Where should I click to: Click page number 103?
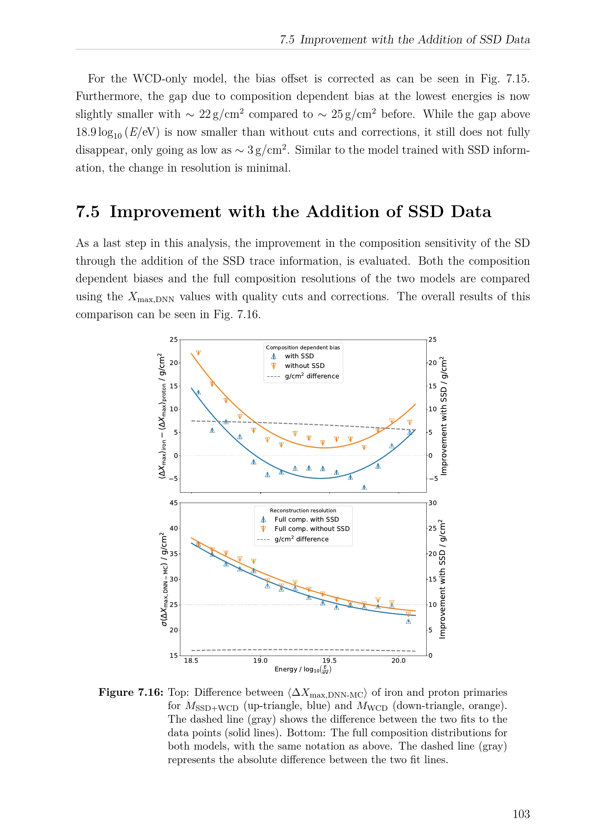[x=521, y=814]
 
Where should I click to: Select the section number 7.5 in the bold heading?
[x=87, y=212]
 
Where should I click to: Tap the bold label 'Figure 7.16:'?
[x=131, y=693]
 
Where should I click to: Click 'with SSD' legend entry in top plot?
[x=299, y=356]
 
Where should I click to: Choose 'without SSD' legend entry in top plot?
[x=305, y=365]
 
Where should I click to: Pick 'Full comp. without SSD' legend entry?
[x=312, y=528]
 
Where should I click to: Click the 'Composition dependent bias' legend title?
[x=303, y=348]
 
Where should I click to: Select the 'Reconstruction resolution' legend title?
[x=303, y=511]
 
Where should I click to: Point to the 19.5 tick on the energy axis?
[x=329, y=660]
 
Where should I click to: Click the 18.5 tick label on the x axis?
[x=191, y=660]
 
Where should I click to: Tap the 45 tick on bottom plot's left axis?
[x=174, y=503]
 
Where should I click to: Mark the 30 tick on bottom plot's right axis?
[x=433, y=503]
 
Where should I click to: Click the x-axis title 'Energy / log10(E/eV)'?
[x=303, y=669]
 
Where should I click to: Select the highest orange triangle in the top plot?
[x=198, y=353]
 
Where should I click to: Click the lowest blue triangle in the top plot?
[x=364, y=487]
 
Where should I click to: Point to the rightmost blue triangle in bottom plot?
[x=408, y=621]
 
